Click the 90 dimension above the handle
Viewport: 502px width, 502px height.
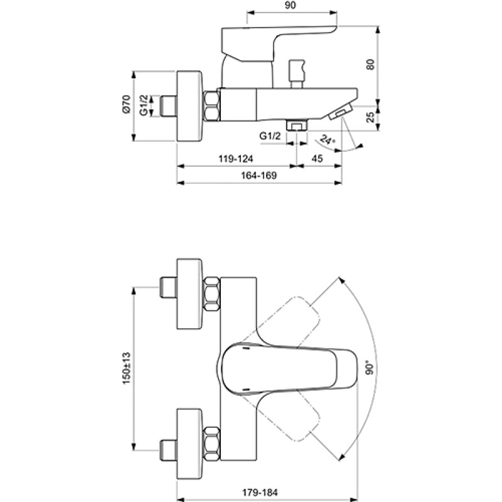(x=290, y=6)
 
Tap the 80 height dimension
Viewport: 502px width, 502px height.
(x=370, y=65)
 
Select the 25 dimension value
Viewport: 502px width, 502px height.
(x=370, y=117)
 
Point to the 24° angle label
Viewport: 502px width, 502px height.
(x=328, y=140)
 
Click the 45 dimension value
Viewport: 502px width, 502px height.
(x=317, y=159)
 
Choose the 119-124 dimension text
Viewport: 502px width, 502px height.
(x=236, y=159)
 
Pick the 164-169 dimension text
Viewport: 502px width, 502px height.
(x=259, y=176)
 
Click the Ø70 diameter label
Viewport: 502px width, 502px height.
(x=127, y=104)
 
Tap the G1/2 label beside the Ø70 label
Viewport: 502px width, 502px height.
(x=144, y=105)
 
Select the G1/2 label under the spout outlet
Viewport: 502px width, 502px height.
(x=270, y=136)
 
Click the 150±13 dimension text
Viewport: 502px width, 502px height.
(x=127, y=368)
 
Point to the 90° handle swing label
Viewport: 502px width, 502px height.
(x=370, y=368)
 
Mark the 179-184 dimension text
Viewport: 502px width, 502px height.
(x=260, y=492)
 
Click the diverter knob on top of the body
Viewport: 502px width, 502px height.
(x=296, y=73)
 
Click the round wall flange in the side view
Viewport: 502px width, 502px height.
(x=190, y=106)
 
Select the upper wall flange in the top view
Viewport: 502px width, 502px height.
(x=190, y=294)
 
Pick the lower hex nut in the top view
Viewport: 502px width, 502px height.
(x=212, y=444)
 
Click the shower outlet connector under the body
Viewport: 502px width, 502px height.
(x=297, y=125)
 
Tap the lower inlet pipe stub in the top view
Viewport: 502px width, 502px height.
(x=168, y=450)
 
